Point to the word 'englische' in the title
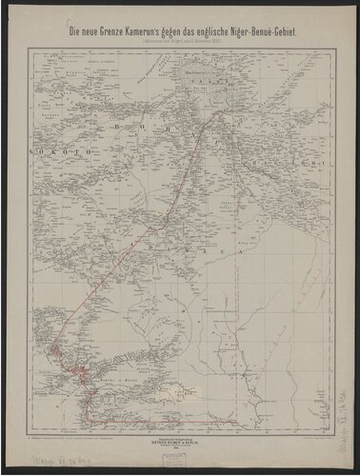click(212, 33)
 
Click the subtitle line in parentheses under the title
click(180, 43)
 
